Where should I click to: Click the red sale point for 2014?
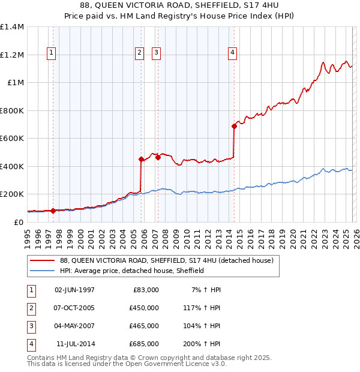[x=234, y=126]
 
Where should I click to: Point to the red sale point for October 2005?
[x=141, y=159]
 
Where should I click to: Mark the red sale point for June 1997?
[x=53, y=211]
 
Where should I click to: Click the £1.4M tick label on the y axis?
[x=12, y=27]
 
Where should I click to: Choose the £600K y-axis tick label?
[x=12, y=139]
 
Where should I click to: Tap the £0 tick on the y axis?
[x=19, y=222]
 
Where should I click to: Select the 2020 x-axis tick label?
[x=292, y=237]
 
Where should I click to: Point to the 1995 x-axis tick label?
[x=28, y=237]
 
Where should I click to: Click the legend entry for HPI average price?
[x=132, y=271]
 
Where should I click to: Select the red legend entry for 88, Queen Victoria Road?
[x=167, y=260]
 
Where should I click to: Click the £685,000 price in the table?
[x=144, y=344]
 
